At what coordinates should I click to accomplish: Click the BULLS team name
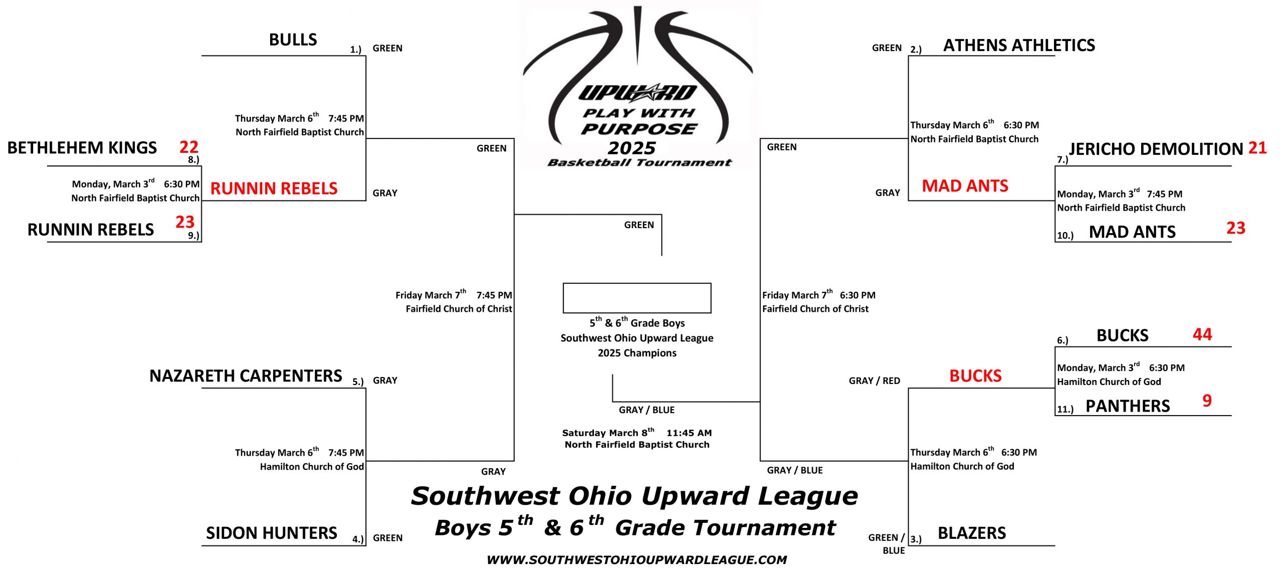click(293, 40)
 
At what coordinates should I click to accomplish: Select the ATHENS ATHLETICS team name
click(1019, 46)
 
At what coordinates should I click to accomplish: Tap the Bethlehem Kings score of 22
click(189, 147)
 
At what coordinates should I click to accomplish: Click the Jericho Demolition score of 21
click(1257, 148)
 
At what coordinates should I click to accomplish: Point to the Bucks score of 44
click(1202, 334)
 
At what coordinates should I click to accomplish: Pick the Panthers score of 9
click(1207, 400)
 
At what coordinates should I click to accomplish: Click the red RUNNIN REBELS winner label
click(274, 188)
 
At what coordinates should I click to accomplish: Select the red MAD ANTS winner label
click(965, 186)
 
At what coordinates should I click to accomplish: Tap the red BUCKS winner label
click(975, 376)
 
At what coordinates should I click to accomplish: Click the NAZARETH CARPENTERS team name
click(246, 376)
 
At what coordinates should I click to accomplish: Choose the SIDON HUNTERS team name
click(272, 533)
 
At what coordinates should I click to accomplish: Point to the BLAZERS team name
click(972, 533)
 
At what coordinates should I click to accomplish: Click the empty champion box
click(637, 284)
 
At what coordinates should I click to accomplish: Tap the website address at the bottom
click(637, 560)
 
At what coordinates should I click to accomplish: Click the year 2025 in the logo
click(631, 148)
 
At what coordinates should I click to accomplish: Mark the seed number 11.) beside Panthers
click(1065, 409)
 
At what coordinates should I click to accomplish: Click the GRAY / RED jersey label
click(875, 381)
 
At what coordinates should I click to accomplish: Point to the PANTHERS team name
click(1128, 406)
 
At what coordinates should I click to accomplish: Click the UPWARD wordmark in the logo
click(637, 93)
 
